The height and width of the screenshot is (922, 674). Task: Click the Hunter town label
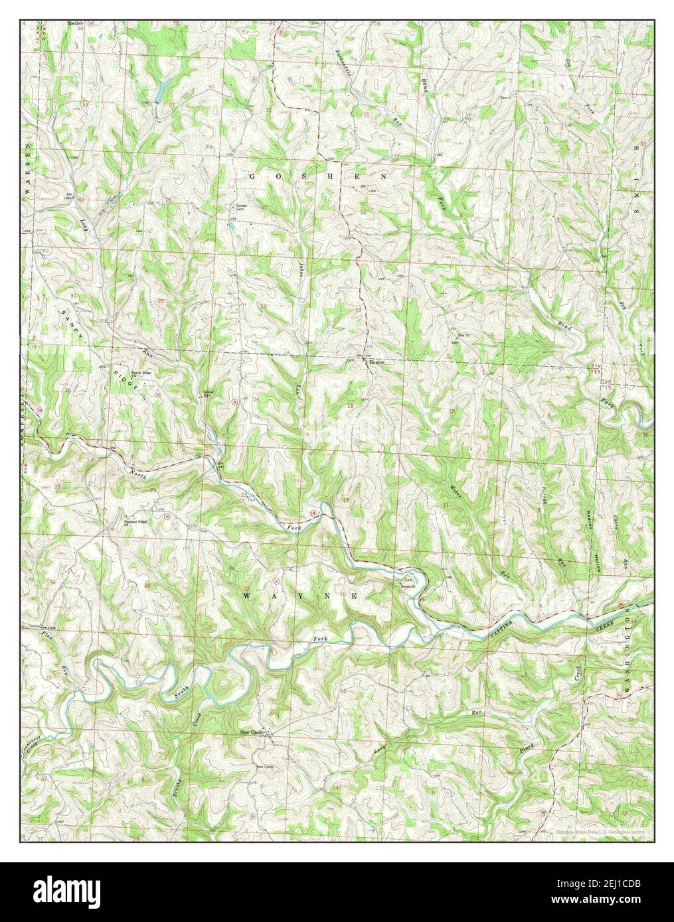[x=377, y=363]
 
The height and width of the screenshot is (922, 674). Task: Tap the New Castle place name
[x=252, y=732]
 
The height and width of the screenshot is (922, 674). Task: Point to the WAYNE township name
[x=301, y=596]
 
